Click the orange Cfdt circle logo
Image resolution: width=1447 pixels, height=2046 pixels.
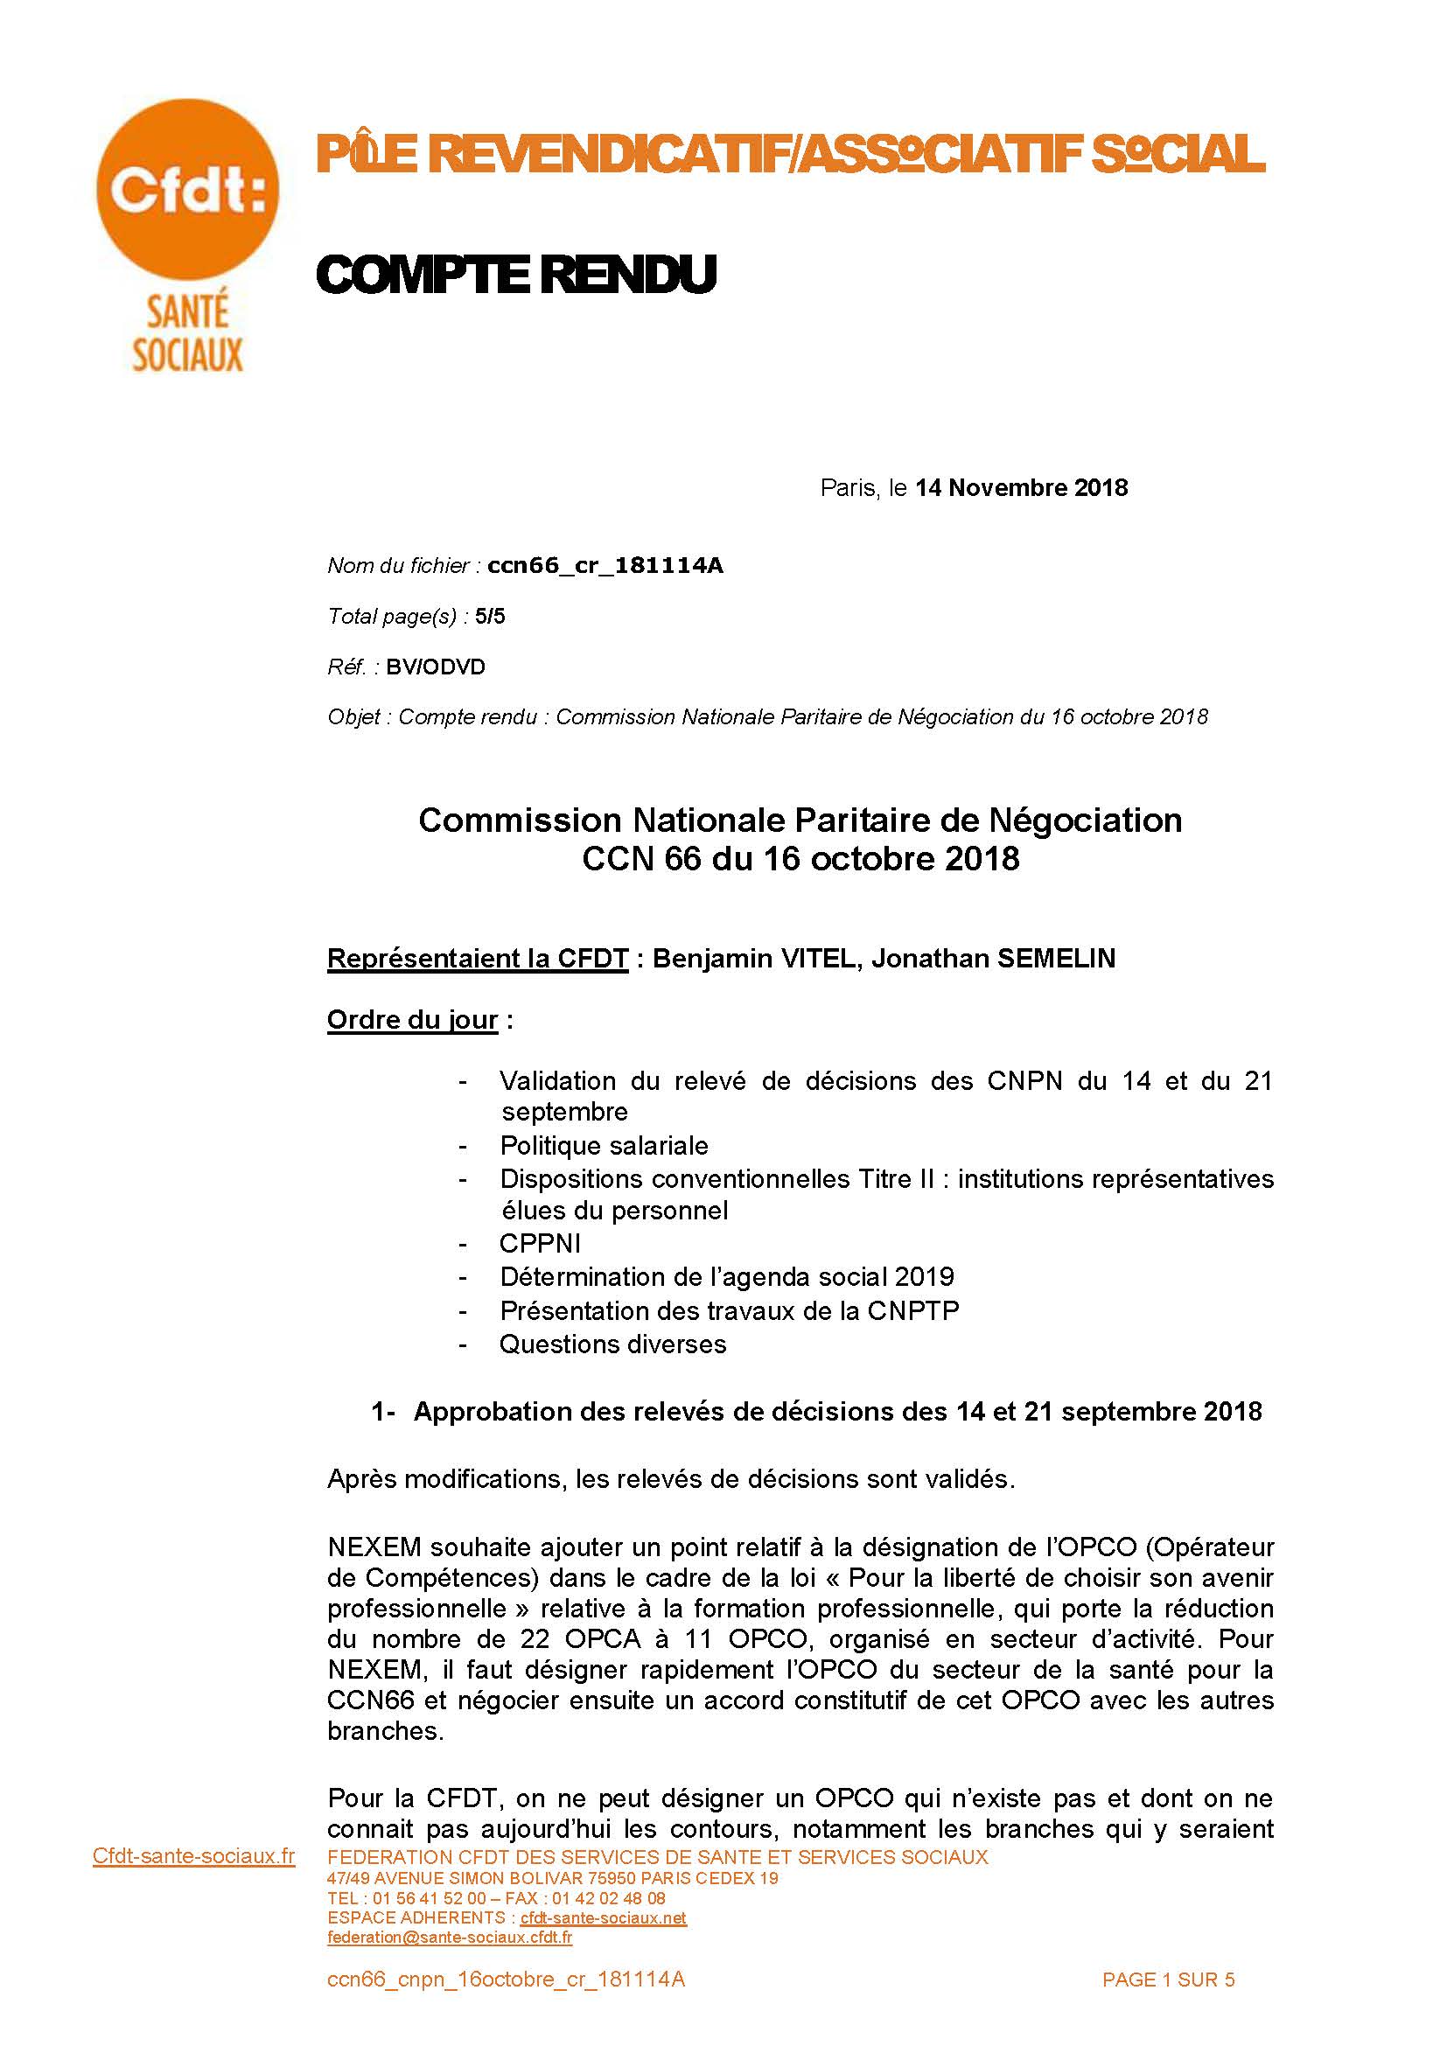pyautogui.click(x=187, y=190)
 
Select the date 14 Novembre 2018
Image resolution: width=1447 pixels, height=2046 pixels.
pyautogui.click(x=1021, y=488)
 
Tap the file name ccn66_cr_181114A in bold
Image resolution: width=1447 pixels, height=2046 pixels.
pyautogui.click(x=605, y=566)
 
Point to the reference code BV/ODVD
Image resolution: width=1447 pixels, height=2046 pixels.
pyautogui.click(x=436, y=667)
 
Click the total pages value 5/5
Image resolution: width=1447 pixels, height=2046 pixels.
pyautogui.click(x=490, y=617)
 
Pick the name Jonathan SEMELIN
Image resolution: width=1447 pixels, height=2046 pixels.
pyautogui.click(x=993, y=959)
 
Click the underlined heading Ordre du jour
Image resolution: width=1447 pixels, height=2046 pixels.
pyautogui.click(x=413, y=1019)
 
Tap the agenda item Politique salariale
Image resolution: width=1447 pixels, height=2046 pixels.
pyautogui.click(x=605, y=1146)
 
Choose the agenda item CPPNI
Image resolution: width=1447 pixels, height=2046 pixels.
pyautogui.click(x=540, y=1244)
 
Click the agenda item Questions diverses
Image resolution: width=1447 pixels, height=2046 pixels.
pyautogui.click(x=613, y=1344)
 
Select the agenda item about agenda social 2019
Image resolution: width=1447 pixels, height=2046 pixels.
pyautogui.click(x=726, y=1277)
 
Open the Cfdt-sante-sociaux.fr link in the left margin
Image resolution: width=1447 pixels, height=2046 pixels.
pyautogui.click(x=193, y=1856)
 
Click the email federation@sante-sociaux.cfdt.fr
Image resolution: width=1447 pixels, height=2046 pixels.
pyautogui.click(x=450, y=1938)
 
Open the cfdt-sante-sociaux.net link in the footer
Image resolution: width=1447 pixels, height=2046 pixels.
pyautogui.click(x=604, y=1917)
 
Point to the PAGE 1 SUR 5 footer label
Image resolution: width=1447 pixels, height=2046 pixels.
pyautogui.click(x=1168, y=1980)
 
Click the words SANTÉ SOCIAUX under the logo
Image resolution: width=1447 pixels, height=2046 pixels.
pyautogui.click(x=187, y=334)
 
